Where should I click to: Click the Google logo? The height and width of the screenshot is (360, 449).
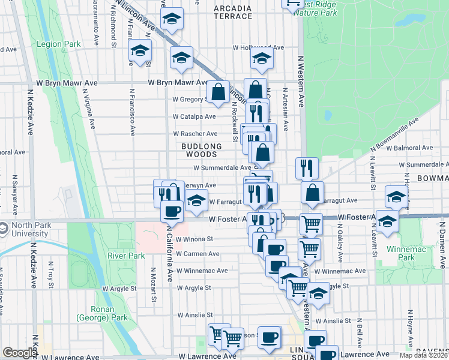[x=20, y=353]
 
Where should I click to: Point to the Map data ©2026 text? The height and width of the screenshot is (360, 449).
[x=424, y=355]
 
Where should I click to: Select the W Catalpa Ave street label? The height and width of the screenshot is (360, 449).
[x=194, y=116]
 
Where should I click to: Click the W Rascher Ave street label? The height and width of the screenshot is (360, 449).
[x=195, y=134]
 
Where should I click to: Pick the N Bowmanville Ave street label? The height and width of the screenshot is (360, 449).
[x=393, y=134]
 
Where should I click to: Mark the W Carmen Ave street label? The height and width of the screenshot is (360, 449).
[x=197, y=254]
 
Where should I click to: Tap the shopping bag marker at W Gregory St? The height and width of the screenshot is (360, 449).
[x=218, y=92]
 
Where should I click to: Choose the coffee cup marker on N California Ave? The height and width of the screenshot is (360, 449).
[x=172, y=211]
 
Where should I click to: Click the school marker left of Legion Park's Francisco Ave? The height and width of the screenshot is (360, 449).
[x=140, y=52]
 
